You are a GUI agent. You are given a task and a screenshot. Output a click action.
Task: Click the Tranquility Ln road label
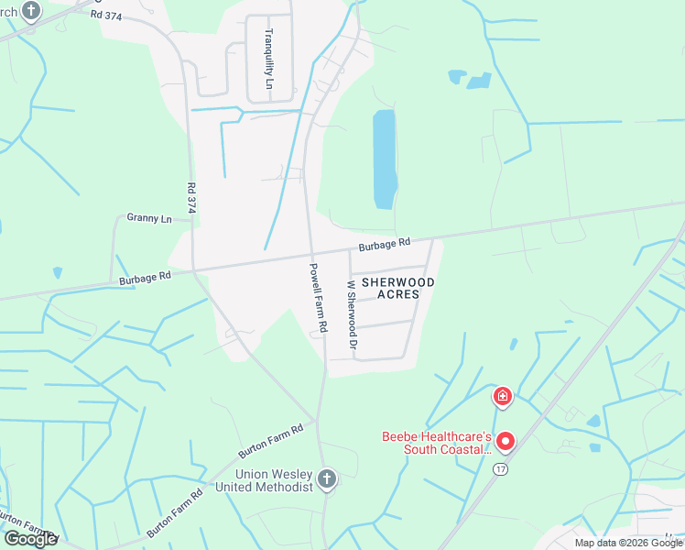click(x=269, y=59)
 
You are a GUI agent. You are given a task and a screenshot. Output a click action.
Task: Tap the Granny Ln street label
click(x=148, y=219)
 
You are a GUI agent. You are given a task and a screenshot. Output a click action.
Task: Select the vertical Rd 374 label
click(x=191, y=198)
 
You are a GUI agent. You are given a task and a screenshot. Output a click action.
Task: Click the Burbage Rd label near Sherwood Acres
click(x=384, y=246)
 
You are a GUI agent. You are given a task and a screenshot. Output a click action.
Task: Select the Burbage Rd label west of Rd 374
click(x=145, y=276)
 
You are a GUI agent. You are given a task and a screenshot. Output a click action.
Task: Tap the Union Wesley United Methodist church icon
click(x=327, y=478)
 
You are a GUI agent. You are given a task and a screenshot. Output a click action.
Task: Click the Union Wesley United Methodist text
click(x=274, y=480)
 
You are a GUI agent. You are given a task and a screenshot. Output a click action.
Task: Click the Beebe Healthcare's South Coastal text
click(x=438, y=443)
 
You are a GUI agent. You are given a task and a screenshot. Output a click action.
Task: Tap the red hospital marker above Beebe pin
click(x=502, y=397)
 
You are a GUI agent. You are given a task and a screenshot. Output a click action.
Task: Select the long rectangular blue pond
click(x=385, y=159)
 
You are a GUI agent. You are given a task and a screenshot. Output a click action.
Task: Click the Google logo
click(x=29, y=539)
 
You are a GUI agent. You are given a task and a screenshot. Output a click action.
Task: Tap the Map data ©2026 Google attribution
click(x=628, y=543)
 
